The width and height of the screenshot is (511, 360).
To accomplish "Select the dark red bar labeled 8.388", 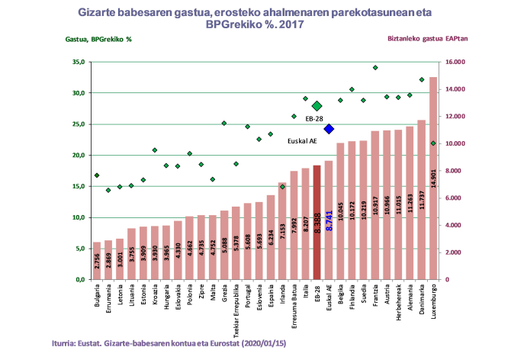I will (317, 221).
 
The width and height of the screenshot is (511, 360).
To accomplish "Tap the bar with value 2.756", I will (97, 261).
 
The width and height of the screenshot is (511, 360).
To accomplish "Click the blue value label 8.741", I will (329, 221).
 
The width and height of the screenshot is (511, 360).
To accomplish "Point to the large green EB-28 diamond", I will (317, 106).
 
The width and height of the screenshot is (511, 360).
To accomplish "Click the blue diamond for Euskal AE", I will (329, 129).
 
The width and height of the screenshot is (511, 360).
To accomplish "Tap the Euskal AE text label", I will (302, 141).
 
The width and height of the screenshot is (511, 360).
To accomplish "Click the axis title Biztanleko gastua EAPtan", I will (427, 38).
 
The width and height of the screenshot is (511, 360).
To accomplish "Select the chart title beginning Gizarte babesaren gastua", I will (255, 18).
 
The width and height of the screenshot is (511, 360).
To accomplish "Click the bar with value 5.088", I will (224, 245).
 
